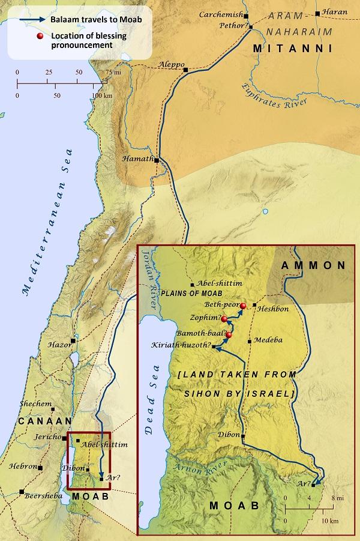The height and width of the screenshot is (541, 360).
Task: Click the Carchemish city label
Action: coord(220,14)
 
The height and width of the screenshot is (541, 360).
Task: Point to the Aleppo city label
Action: coord(170,64)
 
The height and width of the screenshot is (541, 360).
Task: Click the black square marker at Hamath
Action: coord(156,160)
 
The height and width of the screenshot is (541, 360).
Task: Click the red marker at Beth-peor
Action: coord(243,306)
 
